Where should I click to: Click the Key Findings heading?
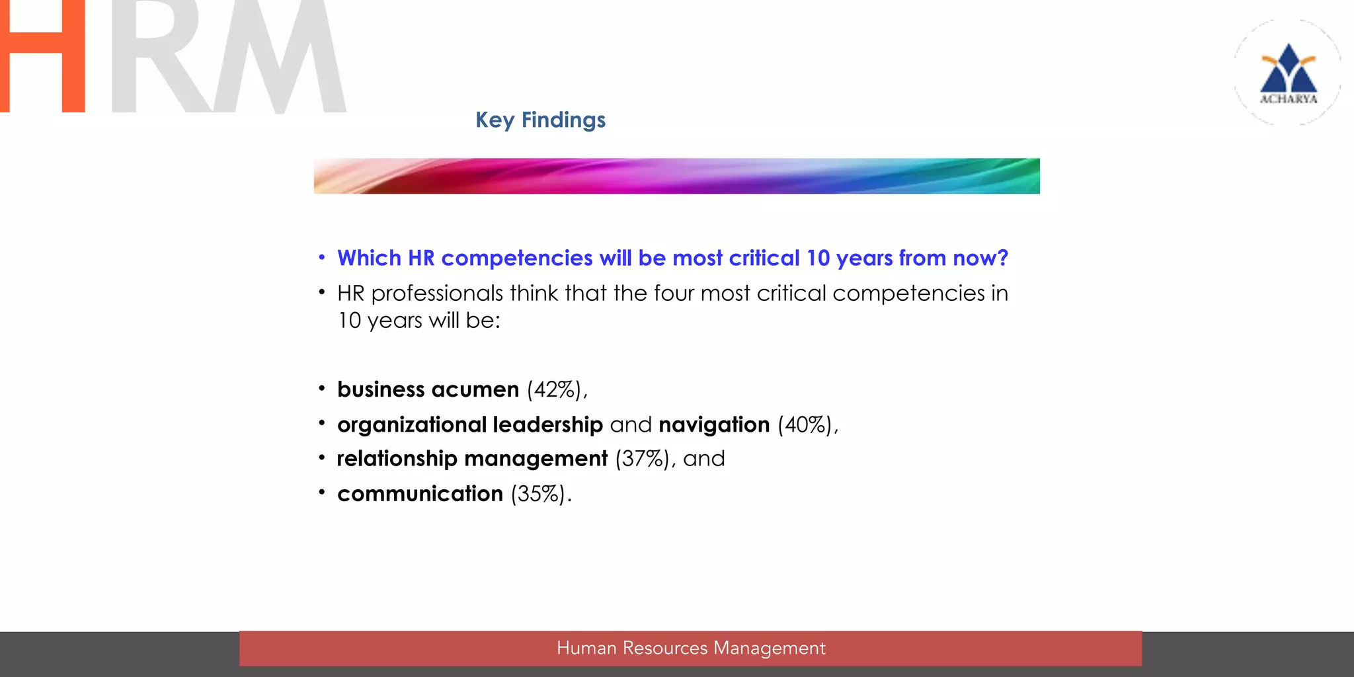tap(540, 120)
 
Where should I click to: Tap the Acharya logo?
tap(1288, 73)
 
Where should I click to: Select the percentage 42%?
tap(555, 389)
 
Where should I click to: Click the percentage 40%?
tap(805, 424)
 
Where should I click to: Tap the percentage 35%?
tap(538, 494)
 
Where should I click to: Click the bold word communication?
tap(420, 494)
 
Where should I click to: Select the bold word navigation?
tap(714, 424)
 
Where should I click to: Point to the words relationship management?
tap(471, 459)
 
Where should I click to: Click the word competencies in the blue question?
tap(516, 259)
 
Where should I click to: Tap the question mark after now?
tap(1002, 258)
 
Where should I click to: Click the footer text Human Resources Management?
tap(691, 648)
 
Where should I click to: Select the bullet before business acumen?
tap(321, 388)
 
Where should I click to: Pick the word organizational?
tap(411, 424)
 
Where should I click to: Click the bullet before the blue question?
tap(321, 257)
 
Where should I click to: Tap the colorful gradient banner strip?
tap(676, 176)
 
